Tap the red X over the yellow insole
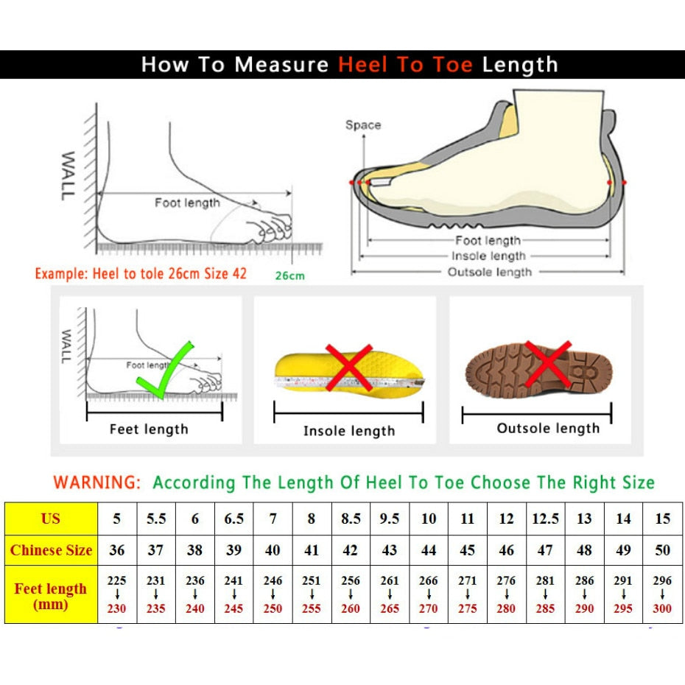(348, 367)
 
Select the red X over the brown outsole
(547, 364)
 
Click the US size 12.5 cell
(545, 519)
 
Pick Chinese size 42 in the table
(351, 550)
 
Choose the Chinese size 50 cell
(662, 550)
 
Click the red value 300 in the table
(662, 609)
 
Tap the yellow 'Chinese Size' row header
(52, 550)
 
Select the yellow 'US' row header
(51, 519)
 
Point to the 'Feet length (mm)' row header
(51, 596)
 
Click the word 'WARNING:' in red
(96, 483)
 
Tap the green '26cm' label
(289, 276)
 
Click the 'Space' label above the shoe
(363, 125)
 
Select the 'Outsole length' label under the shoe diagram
(489, 273)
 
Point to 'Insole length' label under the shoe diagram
(488, 256)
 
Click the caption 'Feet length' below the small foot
(149, 429)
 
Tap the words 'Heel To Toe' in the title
(405, 65)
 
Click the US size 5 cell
(117, 519)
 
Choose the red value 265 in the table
(390, 609)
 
